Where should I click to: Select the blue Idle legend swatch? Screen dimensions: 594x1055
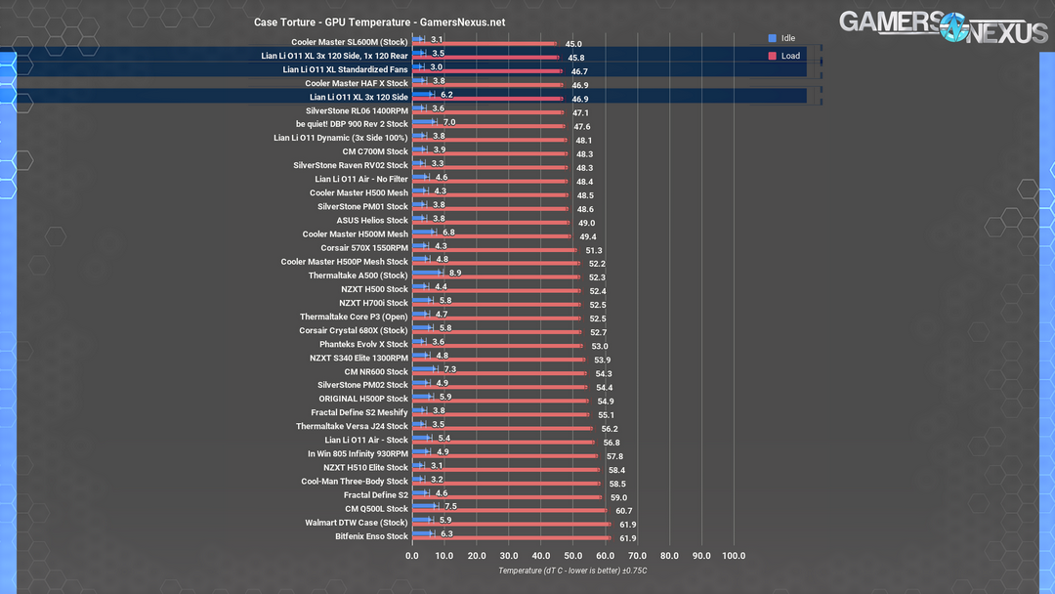click(x=772, y=38)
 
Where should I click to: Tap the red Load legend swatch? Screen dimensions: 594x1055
click(x=772, y=56)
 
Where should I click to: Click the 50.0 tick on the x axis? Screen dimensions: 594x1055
click(x=573, y=556)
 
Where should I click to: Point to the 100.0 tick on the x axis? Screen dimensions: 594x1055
click(x=734, y=556)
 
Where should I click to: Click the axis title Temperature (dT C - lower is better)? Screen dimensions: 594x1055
click(x=572, y=571)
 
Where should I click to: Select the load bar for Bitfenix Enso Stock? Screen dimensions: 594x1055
click(x=511, y=538)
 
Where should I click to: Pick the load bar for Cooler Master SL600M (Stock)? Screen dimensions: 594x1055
click(x=485, y=44)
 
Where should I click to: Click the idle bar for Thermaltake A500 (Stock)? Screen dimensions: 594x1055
click(x=428, y=274)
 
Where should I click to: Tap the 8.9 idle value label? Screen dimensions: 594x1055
click(x=455, y=274)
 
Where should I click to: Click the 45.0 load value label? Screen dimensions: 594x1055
click(x=573, y=44)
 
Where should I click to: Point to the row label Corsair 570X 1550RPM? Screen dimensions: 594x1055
click(x=364, y=248)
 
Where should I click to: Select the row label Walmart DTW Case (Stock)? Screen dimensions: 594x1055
click(x=356, y=523)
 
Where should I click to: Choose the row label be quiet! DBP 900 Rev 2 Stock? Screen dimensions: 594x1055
click(x=352, y=124)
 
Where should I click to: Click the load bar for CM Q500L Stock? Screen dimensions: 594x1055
click(x=509, y=511)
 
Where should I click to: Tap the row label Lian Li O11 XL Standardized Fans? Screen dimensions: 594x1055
click(x=345, y=69)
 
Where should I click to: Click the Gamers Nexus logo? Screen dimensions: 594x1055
click(x=943, y=26)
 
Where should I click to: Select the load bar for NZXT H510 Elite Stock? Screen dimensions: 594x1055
click(x=505, y=470)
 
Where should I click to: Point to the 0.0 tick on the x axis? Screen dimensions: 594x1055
click(x=412, y=556)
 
